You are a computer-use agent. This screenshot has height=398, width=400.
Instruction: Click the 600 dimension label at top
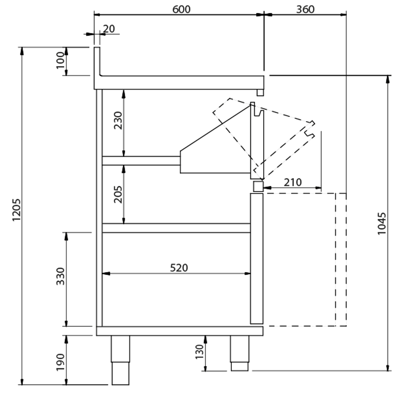[181, 9]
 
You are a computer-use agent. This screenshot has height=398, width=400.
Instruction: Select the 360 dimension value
[305, 9]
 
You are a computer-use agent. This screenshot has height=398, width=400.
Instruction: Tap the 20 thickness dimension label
[109, 29]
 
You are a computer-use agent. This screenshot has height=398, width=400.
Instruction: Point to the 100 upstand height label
[60, 60]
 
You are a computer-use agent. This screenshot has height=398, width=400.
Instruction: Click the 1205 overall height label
[16, 210]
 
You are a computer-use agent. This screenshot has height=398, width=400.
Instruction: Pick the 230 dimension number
[118, 120]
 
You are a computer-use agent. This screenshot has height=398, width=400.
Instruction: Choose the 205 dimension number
[118, 194]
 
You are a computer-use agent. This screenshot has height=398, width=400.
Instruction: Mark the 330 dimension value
[60, 276]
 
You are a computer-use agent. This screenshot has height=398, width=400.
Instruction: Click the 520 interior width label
[179, 268]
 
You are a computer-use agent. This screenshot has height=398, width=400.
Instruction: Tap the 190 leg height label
[60, 362]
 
